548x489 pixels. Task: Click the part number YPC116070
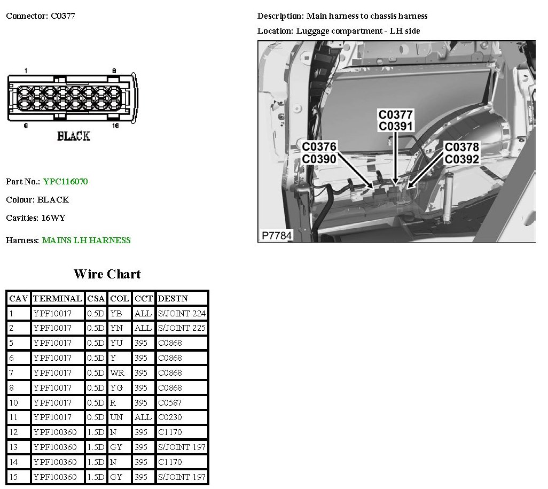click(x=66, y=182)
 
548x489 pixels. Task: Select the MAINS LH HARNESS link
click(x=87, y=240)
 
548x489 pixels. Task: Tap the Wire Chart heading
click(x=107, y=274)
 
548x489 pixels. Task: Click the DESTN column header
click(x=173, y=298)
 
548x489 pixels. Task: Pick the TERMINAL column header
click(x=57, y=298)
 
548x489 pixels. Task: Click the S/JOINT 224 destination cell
click(x=182, y=313)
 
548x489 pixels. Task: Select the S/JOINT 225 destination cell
click(x=182, y=328)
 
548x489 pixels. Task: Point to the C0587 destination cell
click(x=170, y=402)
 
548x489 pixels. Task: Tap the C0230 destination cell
click(x=170, y=417)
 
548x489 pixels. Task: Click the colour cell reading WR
click(x=117, y=372)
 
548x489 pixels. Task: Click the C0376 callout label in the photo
click(x=319, y=146)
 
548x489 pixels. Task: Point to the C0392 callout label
click(x=462, y=159)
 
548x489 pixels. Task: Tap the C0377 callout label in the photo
click(x=396, y=114)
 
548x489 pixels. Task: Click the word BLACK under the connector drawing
click(x=74, y=136)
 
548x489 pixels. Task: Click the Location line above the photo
click(x=339, y=31)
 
